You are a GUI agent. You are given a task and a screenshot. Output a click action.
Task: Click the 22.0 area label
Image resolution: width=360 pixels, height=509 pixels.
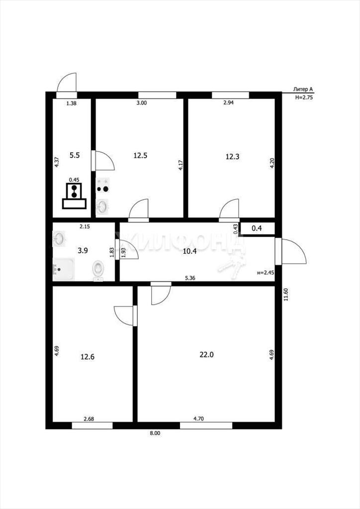[x=206, y=354]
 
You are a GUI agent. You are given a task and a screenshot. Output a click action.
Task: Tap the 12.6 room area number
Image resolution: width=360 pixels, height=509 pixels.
[x=88, y=357]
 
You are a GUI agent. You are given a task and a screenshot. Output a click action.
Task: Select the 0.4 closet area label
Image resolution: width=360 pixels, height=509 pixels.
[x=257, y=228]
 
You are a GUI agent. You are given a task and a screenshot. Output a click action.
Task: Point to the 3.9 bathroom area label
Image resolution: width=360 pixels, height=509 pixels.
[x=83, y=251]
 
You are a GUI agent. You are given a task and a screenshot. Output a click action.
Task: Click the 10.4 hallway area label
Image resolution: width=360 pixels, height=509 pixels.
[x=190, y=251]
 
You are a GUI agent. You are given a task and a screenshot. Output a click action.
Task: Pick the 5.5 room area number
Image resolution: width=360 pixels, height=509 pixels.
[x=75, y=155]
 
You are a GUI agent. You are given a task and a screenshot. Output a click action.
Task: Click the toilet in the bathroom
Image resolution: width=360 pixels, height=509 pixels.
[x=98, y=270]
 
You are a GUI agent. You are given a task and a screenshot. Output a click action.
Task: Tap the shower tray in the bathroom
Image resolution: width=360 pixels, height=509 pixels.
[x=64, y=269]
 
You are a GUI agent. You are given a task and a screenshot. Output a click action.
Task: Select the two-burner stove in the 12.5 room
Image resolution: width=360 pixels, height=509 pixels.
[x=102, y=185]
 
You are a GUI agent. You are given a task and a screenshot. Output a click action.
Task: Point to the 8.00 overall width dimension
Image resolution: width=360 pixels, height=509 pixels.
[x=155, y=433]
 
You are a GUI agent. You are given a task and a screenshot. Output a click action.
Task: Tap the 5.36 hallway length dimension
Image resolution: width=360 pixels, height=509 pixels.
[x=190, y=278]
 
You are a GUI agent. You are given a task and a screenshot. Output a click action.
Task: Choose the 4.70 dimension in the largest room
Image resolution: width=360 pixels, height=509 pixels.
[x=198, y=419]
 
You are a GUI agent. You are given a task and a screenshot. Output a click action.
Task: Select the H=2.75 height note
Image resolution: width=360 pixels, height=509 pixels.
[x=304, y=97]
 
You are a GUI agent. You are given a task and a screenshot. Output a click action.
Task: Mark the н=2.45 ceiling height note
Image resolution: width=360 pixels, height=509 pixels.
[x=266, y=273]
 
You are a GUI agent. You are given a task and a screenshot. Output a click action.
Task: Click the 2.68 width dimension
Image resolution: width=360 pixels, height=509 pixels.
[x=89, y=419]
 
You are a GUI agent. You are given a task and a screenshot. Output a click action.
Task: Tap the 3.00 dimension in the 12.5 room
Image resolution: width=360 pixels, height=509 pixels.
[x=142, y=103]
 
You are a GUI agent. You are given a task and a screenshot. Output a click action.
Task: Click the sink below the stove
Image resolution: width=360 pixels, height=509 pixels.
[x=102, y=206]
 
